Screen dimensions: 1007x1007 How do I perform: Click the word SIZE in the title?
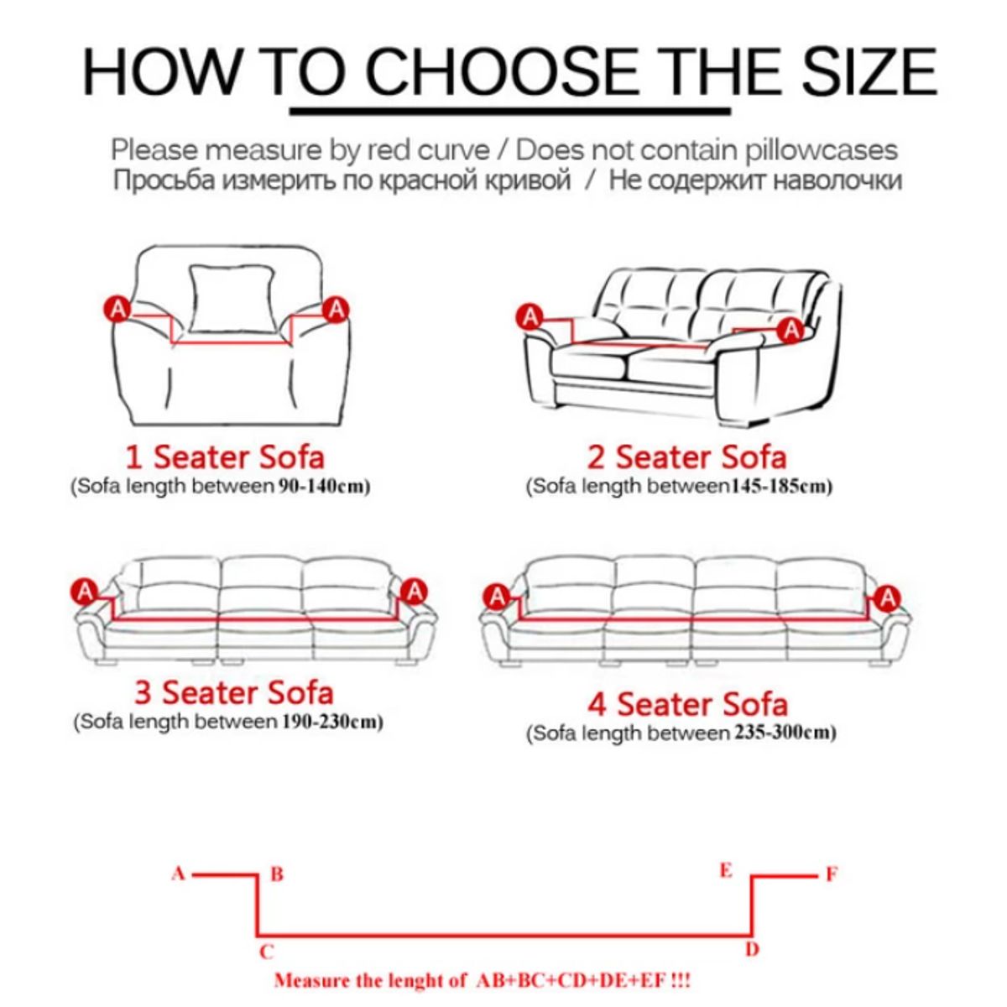869,71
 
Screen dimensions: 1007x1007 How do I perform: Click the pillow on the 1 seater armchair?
231,299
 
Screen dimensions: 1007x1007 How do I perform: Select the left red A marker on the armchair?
117,310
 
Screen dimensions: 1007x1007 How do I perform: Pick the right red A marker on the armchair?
336,310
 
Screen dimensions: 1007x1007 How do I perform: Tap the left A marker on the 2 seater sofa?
530,317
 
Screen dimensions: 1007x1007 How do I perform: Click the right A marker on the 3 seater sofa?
414,592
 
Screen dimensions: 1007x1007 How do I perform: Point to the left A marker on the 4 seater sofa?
497,597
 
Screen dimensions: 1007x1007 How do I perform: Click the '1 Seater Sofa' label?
225,457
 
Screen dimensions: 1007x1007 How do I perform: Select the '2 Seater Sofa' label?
686,457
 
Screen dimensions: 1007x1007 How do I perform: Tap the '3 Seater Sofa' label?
233,692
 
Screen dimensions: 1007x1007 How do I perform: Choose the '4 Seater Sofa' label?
688,704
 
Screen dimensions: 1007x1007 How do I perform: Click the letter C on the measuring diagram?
267,952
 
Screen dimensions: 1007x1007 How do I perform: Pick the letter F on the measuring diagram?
832,874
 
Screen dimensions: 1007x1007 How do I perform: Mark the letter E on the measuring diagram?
726,870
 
